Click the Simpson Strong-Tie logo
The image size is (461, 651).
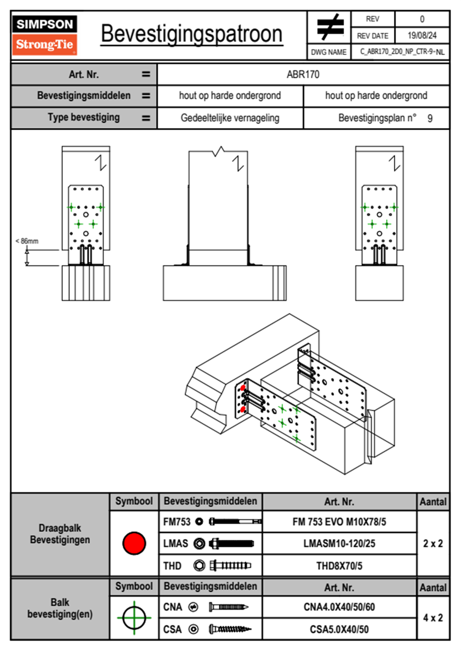[44, 35]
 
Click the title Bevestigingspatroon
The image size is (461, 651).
[191, 34]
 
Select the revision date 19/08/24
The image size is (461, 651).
[422, 36]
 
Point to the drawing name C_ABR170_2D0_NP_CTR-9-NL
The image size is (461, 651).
[402, 52]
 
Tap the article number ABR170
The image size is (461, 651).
[303, 74]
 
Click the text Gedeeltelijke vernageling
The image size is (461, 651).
[230, 118]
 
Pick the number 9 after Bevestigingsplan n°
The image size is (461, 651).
[430, 118]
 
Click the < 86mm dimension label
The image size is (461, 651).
[27, 241]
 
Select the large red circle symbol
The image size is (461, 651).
[134, 543]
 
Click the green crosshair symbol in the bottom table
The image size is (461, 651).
[134, 618]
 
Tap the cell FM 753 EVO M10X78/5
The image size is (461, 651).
[339, 522]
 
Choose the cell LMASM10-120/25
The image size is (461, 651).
[339, 544]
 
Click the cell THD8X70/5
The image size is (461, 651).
[339, 566]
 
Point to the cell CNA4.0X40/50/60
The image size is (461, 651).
[339, 607]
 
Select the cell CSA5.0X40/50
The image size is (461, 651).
[339, 629]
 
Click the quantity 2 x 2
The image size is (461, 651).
[433, 544]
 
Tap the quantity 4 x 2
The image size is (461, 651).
[433, 618]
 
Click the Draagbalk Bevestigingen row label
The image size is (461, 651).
[60, 534]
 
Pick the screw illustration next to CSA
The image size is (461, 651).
[230, 629]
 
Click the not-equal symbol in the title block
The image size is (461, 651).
[330, 27]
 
